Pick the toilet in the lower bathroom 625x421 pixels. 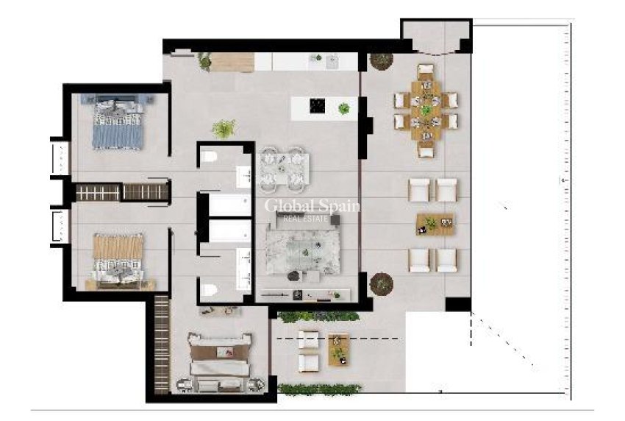pyautogui.click(x=210, y=288)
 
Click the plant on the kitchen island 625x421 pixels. pyautogui.click(x=343, y=109)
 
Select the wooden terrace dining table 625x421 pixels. pyautogui.click(x=426, y=110)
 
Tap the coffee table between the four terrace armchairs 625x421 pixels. pyautogui.click(x=435, y=223)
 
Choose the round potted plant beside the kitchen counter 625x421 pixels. pyautogui.click(x=381, y=60)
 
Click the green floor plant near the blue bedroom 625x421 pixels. pyautogui.click(x=224, y=129)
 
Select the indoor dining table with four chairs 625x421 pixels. pyautogui.click(x=284, y=166)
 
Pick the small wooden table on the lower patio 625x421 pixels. pyautogui.click(x=338, y=350)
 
